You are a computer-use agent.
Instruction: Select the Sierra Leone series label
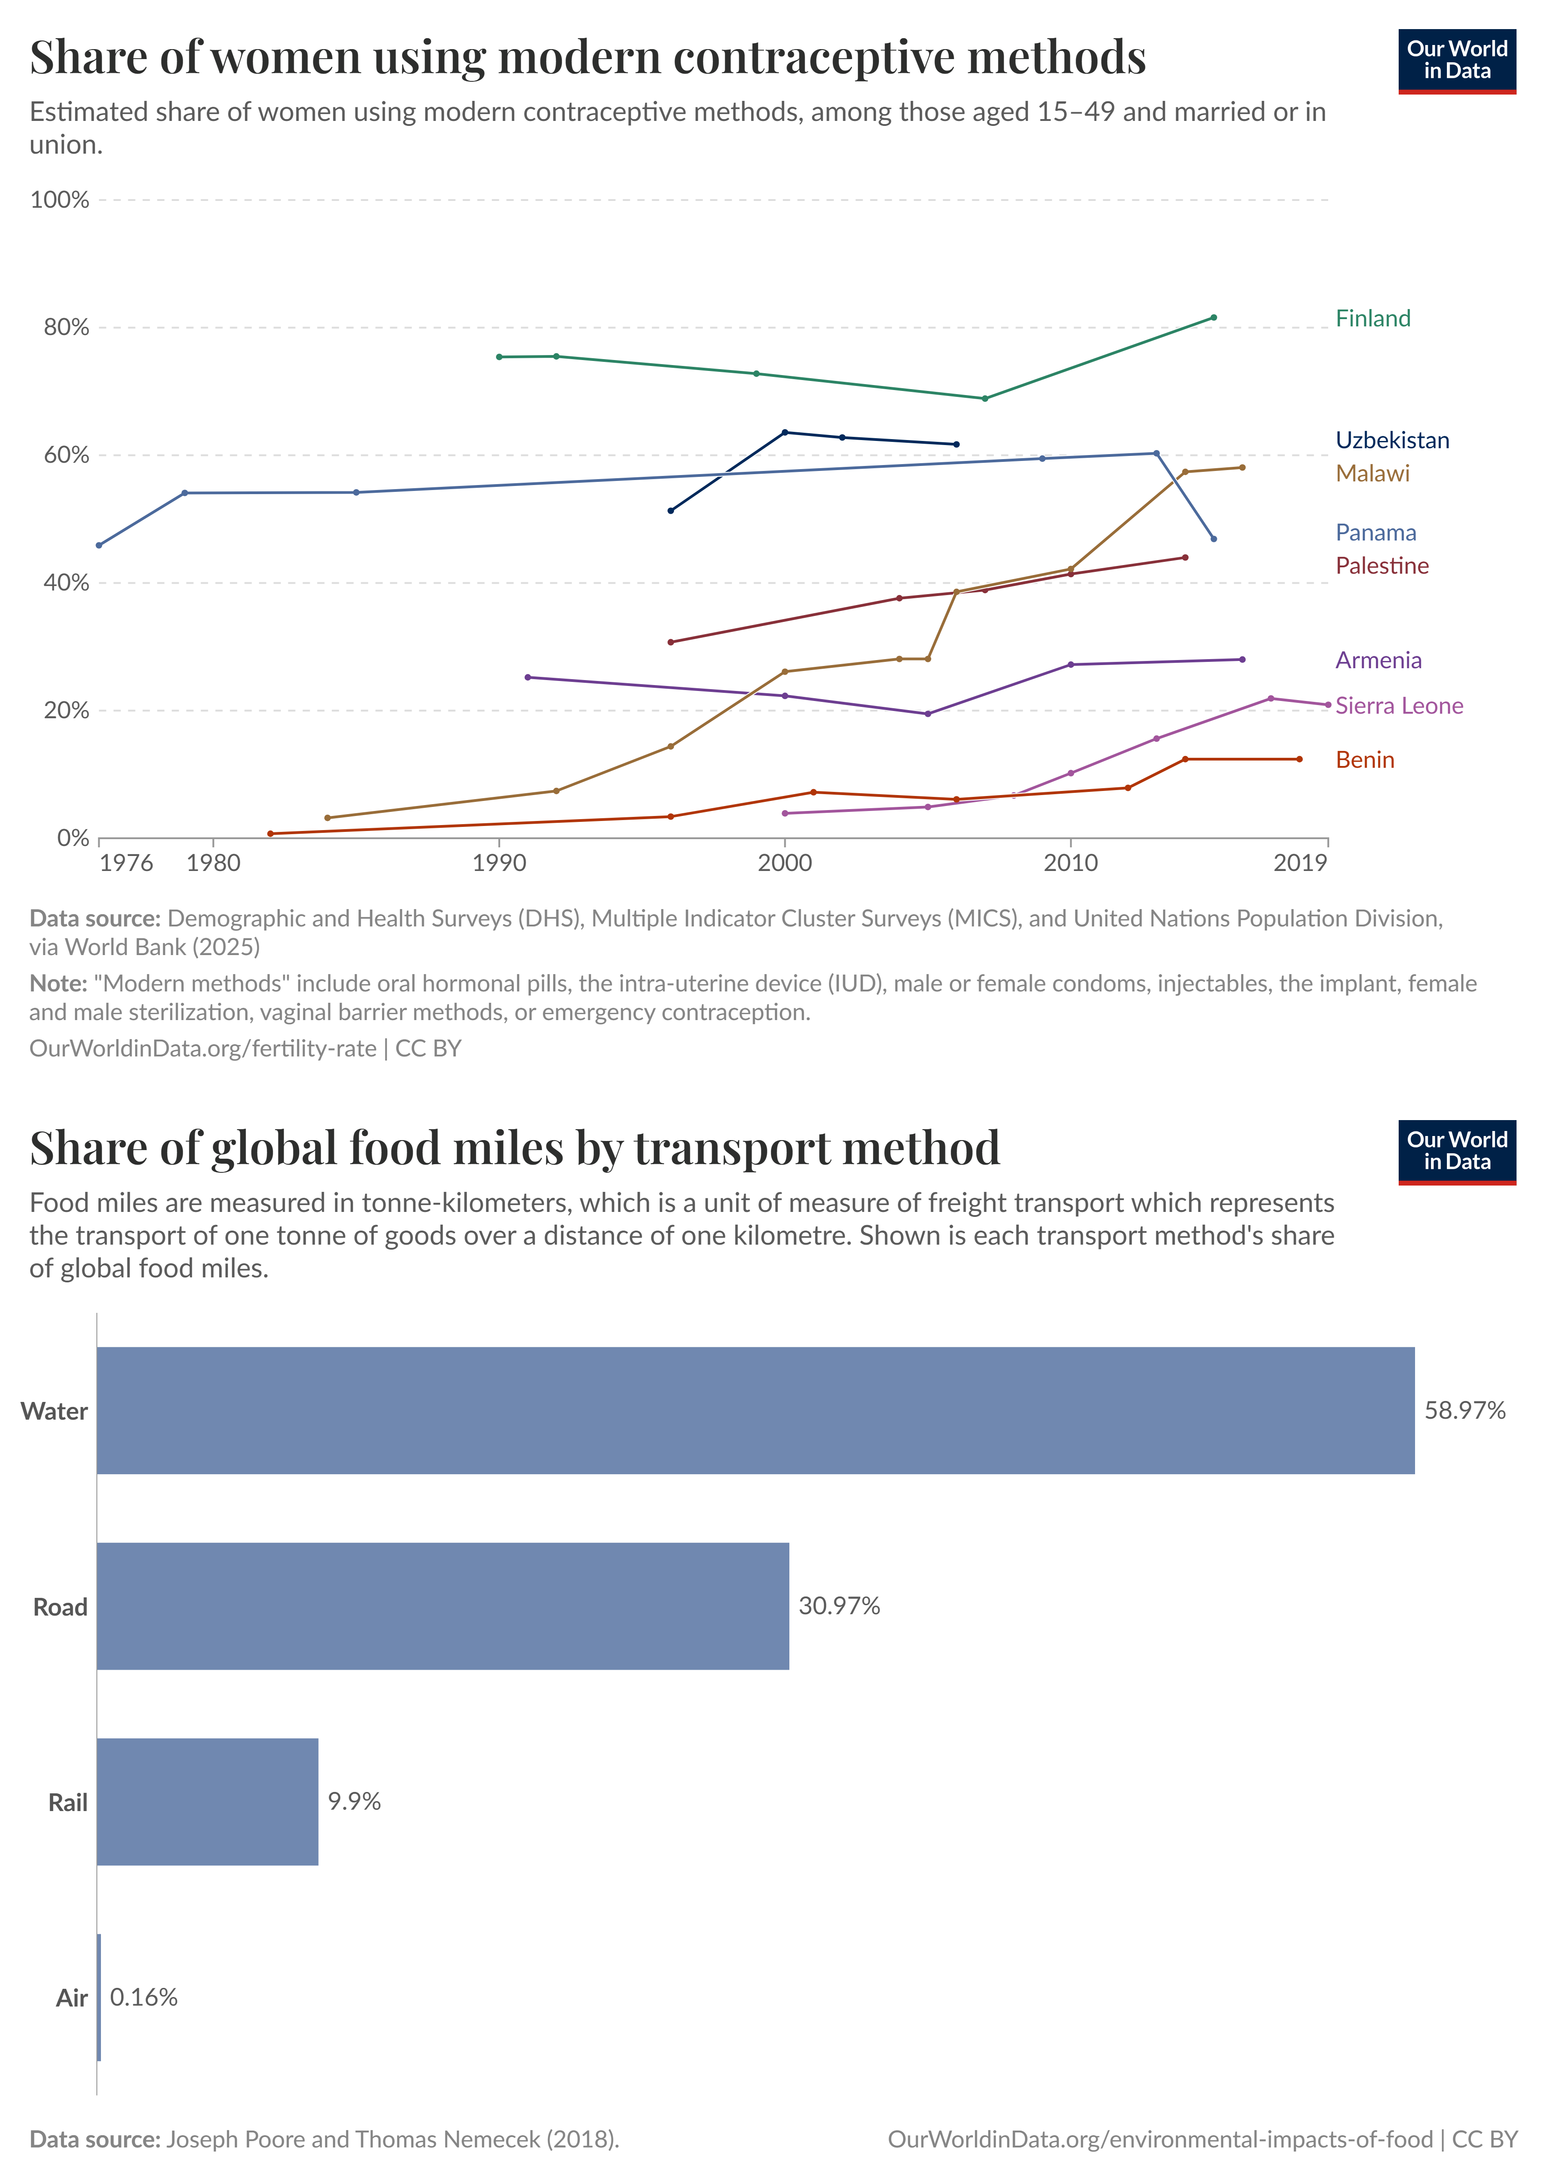tap(1398, 706)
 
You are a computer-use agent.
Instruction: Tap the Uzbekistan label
tap(1392, 440)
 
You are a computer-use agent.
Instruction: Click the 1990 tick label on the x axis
tap(499, 863)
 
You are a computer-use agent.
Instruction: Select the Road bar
tap(443, 1606)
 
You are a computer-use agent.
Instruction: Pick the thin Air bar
tap(99, 1997)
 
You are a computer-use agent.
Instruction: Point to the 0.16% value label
tap(144, 1997)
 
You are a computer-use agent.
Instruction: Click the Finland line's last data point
tap(1213, 318)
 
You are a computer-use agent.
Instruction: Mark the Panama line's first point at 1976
tap(99, 545)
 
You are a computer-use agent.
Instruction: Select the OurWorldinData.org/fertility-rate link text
tap(203, 1049)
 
